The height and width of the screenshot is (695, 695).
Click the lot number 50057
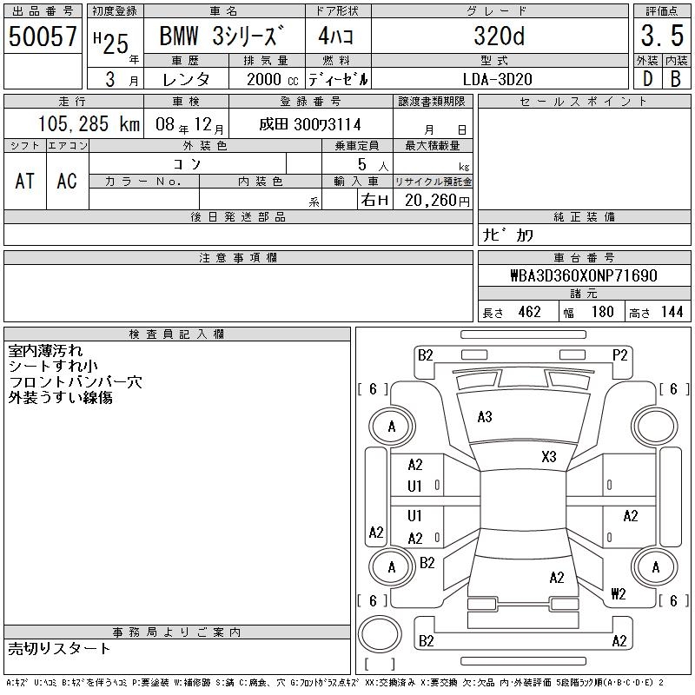pyautogui.click(x=43, y=36)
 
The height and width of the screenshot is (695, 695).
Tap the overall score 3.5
pyautogui.click(x=662, y=36)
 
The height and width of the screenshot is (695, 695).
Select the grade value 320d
pyautogui.click(x=499, y=36)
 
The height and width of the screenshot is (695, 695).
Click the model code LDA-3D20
pyautogui.click(x=497, y=79)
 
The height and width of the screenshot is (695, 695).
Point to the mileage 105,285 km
pyautogui.click(x=89, y=123)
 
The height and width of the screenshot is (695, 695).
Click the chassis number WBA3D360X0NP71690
pyautogui.click(x=584, y=275)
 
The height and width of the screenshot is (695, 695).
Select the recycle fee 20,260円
pyautogui.click(x=437, y=201)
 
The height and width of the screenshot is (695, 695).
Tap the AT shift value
pyautogui.click(x=25, y=181)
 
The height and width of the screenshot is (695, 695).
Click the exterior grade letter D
pyautogui.click(x=647, y=79)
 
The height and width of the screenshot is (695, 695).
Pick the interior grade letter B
pyautogui.click(x=676, y=79)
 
